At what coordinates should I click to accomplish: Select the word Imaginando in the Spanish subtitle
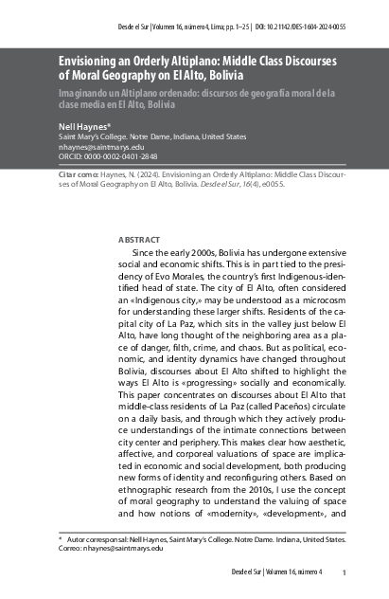(91, 93)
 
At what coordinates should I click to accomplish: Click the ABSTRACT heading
(138, 241)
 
